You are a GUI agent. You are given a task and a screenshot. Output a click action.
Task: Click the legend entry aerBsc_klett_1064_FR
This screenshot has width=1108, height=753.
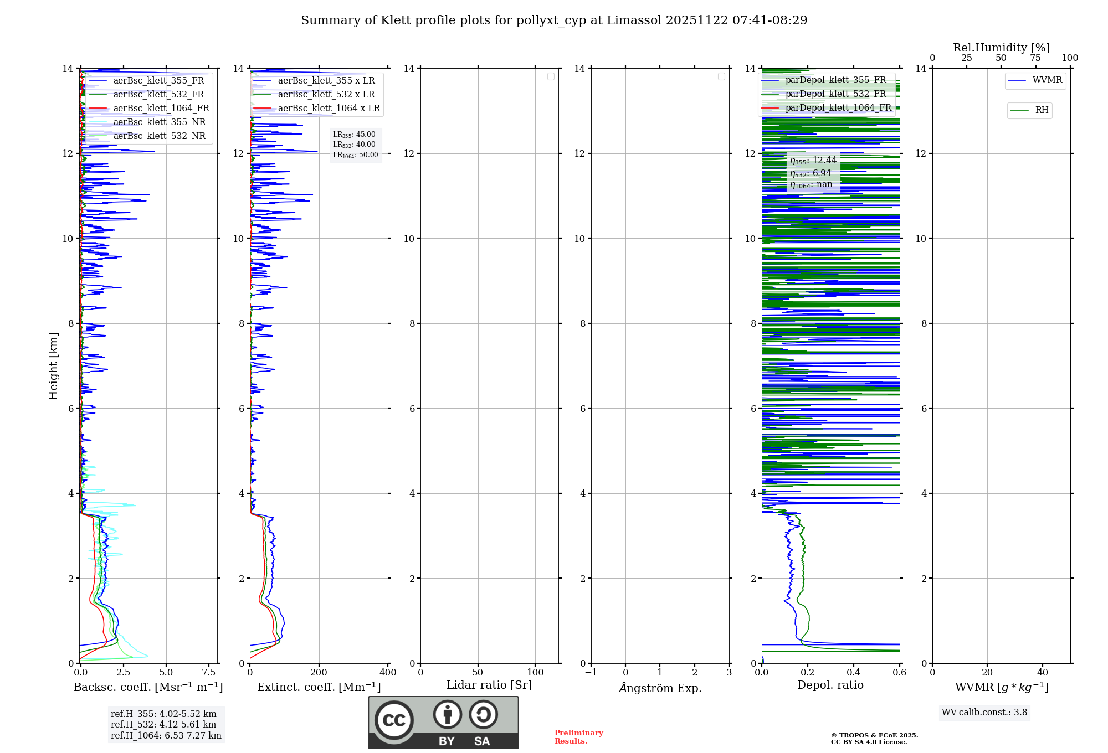tap(161, 109)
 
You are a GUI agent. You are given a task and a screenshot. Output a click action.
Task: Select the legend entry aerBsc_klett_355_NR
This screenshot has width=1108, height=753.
tap(159, 122)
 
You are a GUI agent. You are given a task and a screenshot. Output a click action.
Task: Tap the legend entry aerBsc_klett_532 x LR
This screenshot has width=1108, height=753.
tap(326, 95)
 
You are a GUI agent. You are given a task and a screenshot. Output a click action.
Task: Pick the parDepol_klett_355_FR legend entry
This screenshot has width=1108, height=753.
tap(835, 80)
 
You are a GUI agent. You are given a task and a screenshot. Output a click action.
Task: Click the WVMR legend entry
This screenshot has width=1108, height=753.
tap(1047, 80)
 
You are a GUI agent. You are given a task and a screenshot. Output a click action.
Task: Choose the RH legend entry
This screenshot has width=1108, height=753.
tap(1042, 110)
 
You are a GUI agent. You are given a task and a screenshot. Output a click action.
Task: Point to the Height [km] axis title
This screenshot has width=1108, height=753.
tap(53, 366)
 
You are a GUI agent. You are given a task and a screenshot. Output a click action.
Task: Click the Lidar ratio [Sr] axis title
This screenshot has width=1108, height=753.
tap(489, 685)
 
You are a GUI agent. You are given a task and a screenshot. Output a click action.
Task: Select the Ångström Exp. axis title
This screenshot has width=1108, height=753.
tap(660, 688)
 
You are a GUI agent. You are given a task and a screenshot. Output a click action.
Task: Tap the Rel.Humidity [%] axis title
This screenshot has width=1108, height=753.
tap(1001, 48)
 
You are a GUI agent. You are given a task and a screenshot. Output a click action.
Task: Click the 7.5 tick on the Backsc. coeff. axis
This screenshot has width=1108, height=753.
tap(209, 673)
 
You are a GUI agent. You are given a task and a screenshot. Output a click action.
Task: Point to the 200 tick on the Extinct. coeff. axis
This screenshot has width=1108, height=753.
tap(319, 673)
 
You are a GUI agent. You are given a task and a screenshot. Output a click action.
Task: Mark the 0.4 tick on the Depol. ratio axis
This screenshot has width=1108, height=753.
tap(854, 673)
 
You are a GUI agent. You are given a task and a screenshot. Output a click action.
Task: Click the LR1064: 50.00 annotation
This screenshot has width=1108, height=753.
tap(355, 155)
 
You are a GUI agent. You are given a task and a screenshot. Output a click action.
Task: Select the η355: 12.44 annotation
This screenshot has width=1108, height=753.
tap(813, 161)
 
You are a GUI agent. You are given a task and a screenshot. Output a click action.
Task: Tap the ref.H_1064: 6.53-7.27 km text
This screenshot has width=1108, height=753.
tap(166, 736)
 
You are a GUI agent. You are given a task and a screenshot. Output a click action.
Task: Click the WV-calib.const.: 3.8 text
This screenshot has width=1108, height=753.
tap(984, 713)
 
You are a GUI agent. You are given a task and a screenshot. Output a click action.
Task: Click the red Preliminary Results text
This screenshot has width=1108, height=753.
tap(578, 737)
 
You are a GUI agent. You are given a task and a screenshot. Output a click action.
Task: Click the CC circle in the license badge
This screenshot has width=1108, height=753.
tap(394, 720)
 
